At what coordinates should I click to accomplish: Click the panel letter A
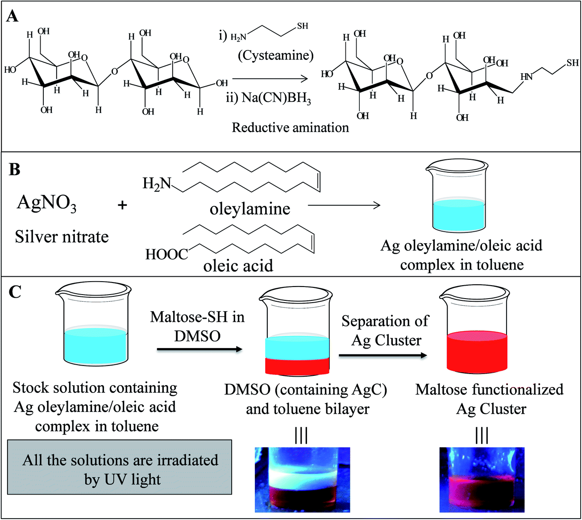(x=12, y=17)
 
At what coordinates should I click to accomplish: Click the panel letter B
(x=14, y=170)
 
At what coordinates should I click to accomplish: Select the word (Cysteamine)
(x=275, y=55)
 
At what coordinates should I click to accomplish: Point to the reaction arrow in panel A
(x=270, y=79)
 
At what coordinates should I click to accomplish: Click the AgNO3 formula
(x=46, y=203)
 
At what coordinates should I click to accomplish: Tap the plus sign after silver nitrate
(x=122, y=205)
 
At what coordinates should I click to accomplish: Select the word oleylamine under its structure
(x=250, y=209)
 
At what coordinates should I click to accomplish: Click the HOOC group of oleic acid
(x=166, y=254)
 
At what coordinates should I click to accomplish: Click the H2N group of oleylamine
(x=157, y=183)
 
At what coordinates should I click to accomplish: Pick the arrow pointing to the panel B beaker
(x=344, y=205)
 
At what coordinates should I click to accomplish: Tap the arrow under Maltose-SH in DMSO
(x=200, y=349)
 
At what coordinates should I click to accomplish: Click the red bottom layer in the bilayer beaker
(x=297, y=366)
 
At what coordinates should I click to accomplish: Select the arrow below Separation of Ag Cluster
(x=382, y=355)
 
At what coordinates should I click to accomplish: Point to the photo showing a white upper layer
(x=302, y=479)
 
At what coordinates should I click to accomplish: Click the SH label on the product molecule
(x=573, y=63)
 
